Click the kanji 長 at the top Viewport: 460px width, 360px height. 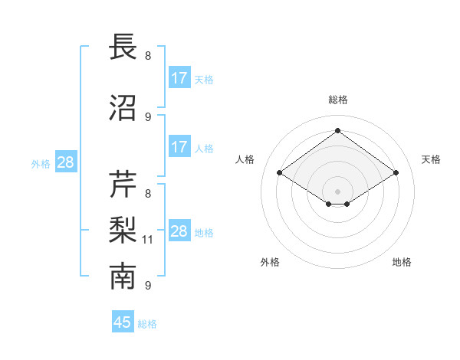[123, 47]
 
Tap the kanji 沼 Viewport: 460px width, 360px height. [123, 109]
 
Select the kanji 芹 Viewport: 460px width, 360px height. [123, 185]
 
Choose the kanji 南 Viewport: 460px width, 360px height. [123, 277]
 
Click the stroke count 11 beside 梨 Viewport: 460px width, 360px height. [149, 240]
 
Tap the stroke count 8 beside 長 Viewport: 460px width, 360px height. [148, 56]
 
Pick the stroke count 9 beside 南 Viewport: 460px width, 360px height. [148, 286]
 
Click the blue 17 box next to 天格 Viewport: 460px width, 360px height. [179, 78]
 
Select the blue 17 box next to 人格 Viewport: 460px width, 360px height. [179, 147]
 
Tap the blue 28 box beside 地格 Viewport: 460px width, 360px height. [179, 231]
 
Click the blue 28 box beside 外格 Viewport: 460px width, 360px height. [65, 162]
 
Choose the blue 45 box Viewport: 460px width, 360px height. [123, 322]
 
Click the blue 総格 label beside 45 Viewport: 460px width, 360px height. [147, 323]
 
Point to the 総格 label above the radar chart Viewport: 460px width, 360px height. [337, 100]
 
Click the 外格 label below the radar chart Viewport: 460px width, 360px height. [270, 262]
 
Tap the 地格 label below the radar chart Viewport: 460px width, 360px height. [402, 262]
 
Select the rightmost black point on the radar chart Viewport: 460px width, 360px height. [396, 173]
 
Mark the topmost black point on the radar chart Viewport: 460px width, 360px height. [337, 131]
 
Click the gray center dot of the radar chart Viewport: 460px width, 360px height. [337, 190]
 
